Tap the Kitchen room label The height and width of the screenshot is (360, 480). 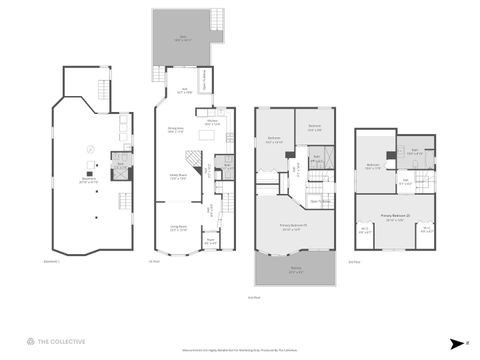pos(212,123)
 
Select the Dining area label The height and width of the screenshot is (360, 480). pos(174,130)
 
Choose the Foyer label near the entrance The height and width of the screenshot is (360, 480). pos(211,241)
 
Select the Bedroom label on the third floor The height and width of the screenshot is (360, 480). pos(373,167)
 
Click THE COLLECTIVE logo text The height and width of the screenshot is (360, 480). pos(62,340)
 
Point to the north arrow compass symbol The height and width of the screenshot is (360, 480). pos(455,341)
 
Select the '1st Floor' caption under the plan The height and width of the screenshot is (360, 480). pos(154,262)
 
